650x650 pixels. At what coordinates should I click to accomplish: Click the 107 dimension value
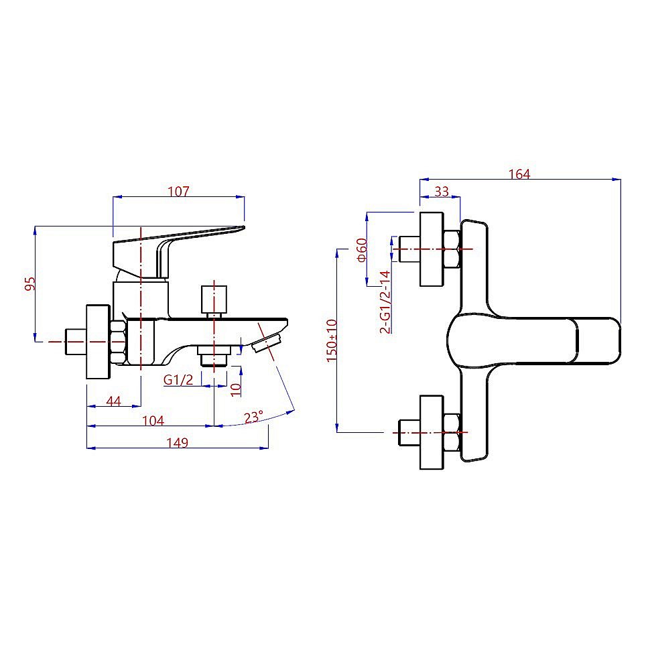pyautogui.click(x=179, y=191)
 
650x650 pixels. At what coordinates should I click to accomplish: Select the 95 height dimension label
pyautogui.click(x=29, y=283)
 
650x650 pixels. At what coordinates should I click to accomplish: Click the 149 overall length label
pyautogui.click(x=178, y=443)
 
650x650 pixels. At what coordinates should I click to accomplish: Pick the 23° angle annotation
pyautogui.click(x=253, y=417)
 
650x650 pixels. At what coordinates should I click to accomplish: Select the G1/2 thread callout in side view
pyautogui.click(x=178, y=380)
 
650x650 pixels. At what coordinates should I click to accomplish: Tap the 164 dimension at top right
pyautogui.click(x=519, y=174)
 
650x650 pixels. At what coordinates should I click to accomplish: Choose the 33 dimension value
pyautogui.click(x=442, y=191)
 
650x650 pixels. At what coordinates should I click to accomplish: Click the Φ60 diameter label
pyautogui.click(x=361, y=249)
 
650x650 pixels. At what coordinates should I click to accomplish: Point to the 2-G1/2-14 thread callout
pyautogui.click(x=385, y=302)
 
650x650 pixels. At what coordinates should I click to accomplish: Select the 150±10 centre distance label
pyautogui.click(x=332, y=340)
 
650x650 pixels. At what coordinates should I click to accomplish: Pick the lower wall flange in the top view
pyautogui.click(x=432, y=432)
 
